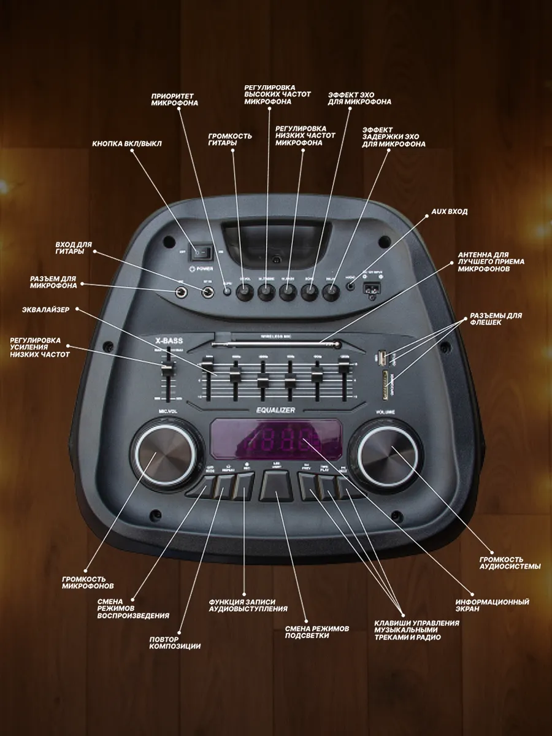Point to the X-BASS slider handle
(x=166, y=366)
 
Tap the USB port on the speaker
(x=380, y=358)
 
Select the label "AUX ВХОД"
(x=449, y=212)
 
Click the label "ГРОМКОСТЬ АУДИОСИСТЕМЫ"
(x=510, y=563)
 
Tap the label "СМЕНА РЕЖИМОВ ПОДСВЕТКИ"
(x=316, y=632)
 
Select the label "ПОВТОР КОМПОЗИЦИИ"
(x=175, y=642)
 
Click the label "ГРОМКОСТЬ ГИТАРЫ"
(x=229, y=139)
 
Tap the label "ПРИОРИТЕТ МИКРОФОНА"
(x=174, y=100)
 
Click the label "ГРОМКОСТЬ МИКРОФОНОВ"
(x=88, y=583)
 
